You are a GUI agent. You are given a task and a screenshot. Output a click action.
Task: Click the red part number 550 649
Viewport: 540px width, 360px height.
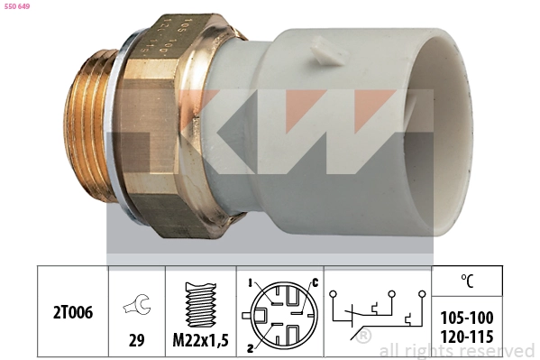coord(18,7)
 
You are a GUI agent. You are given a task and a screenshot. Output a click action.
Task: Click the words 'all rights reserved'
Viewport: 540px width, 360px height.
coord(456,351)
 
